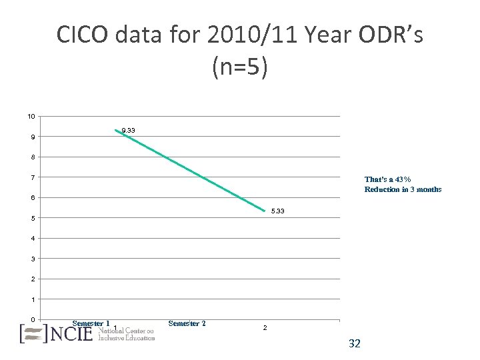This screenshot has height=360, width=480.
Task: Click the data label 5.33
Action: (x=278, y=211)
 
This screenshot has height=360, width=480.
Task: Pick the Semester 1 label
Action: (x=91, y=323)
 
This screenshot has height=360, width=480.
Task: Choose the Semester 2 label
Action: (x=187, y=323)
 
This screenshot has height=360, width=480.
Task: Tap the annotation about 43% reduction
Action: (x=403, y=184)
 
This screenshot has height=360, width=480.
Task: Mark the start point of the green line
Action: (x=115, y=130)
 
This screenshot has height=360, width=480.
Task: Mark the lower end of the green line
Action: (x=265, y=211)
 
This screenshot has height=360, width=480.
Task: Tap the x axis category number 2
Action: (x=265, y=328)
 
